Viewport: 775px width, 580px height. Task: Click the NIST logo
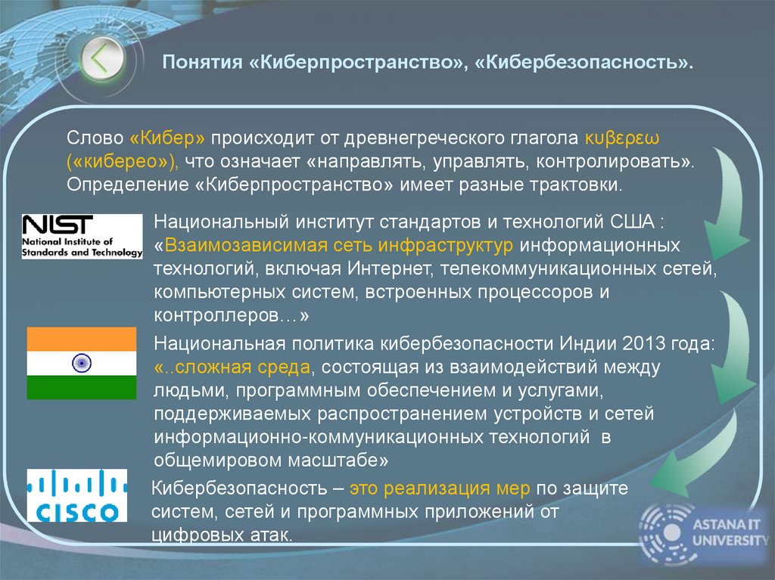tap(82, 236)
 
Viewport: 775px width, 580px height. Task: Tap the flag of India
tap(82, 363)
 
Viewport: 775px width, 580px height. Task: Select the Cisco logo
tap(77, 495)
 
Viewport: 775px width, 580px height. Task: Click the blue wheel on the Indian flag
tap(82, 363)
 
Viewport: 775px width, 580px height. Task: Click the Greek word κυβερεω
tap(622, 139)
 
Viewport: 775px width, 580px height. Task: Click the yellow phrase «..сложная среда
tap(232, 368)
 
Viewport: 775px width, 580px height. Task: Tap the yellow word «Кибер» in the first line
tap(168, 139)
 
